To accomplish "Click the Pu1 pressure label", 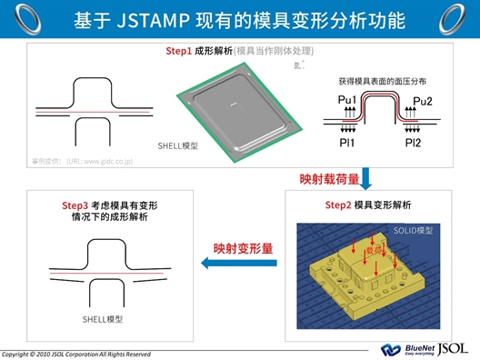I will [x=346, y=99].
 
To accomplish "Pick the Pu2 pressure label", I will [x=423, y=100].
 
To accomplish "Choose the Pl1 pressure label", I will [x=346, y=142].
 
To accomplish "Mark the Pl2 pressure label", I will [x=413, y=142].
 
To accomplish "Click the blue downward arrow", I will [x=365, y=175].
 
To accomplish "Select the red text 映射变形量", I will [x=244, y=246].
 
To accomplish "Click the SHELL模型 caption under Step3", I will [x=103, y=319].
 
